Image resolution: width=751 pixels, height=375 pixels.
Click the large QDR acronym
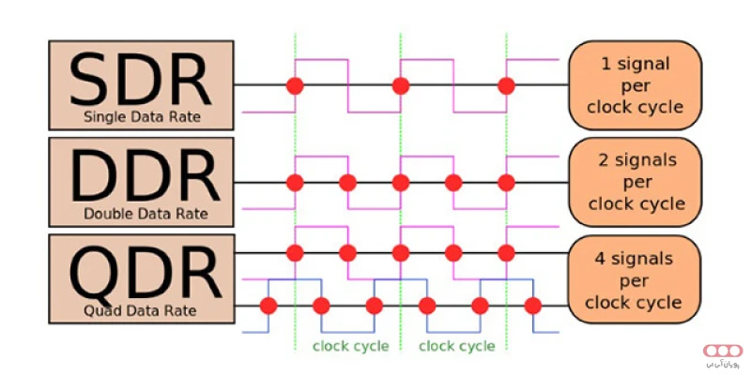(x=140, y=272)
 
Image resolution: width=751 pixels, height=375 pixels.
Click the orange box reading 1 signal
(x=635, y=85)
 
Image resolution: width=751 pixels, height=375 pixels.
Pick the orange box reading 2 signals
(x=635, y=182)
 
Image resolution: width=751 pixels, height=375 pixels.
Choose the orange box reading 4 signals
(x=635, y=278)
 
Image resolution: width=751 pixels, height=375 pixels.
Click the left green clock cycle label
(x=350, y=346)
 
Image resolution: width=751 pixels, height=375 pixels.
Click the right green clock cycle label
(x=456, y=346)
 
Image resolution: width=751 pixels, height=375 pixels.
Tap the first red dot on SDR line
(x=295, y=86)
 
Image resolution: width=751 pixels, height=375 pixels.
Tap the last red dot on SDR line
(x=507, y=86)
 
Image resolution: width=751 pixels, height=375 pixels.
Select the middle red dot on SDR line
(x=401, y=86)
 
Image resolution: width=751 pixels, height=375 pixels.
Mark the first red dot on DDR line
(x=295, y=182)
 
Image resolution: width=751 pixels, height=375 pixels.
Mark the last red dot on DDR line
(x=507, y=182)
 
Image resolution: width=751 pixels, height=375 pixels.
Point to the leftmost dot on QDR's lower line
(x=268, y=305)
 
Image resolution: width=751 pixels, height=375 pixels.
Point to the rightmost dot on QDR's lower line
(x=533, y=305)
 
